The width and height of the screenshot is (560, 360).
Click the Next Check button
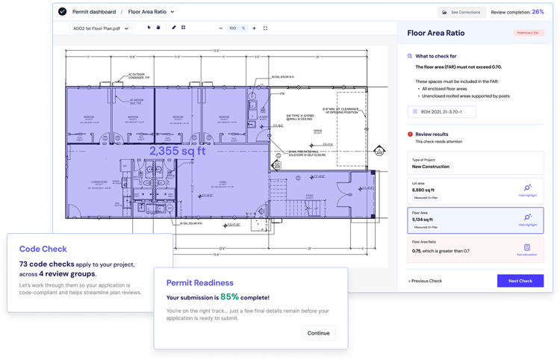(x=520, y=281)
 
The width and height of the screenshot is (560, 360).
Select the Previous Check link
(x=426, y=281)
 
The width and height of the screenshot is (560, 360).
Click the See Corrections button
(x=461, y=12)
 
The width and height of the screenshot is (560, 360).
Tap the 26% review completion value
(x=538, y=12)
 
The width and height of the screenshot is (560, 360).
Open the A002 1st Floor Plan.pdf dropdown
(x=100, y=28)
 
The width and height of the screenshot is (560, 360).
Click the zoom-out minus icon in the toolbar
(x=220, y=28)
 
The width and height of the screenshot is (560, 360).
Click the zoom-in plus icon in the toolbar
(x=255, y=28)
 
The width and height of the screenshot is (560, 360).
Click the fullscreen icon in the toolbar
(x=266, y=28)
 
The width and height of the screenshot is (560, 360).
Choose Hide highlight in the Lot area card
(x=527, y=190)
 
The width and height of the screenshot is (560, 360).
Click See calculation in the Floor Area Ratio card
(x=527, y=250)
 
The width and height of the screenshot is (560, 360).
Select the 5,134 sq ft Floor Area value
(x=423, y=220)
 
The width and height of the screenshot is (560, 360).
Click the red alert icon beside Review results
(x=410, y=134)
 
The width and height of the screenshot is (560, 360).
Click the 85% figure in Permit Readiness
(x=229, y=297)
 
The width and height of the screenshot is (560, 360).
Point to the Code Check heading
(x=43, y=249)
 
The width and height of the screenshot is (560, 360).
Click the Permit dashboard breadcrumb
(x=93, y=12)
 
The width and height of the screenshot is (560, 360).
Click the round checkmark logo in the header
(x=62, y=12)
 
